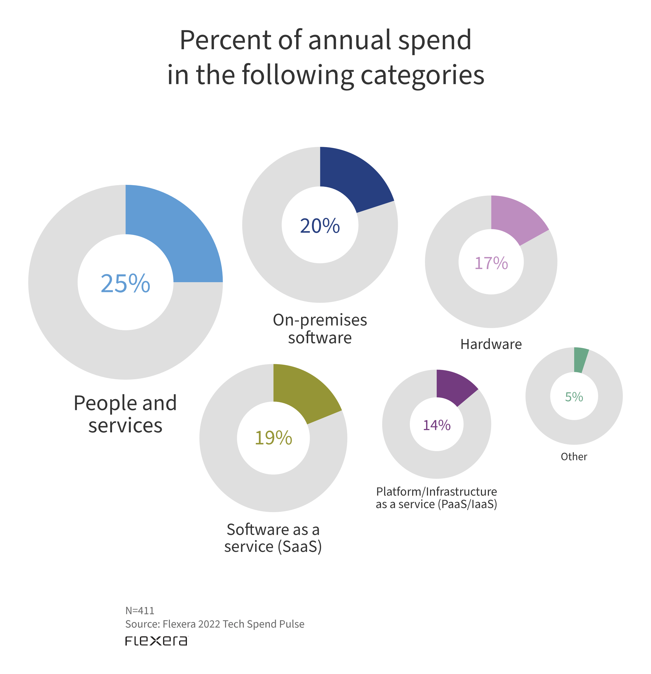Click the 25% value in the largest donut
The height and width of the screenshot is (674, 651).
pyautogui.click(x=125, y=283)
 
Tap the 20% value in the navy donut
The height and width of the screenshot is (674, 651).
pyautogui.click(x=320, y=226)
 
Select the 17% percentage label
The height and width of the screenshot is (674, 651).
pyautogui.click(x=491, y=263)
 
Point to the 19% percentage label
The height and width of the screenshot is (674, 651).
pyautogui.click(x=274, y=438)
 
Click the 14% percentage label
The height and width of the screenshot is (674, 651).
pyautogui.click(x=437, y=425)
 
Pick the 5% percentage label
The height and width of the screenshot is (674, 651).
pyautogui.click(x=574, y=397)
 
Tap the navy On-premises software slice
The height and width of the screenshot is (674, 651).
pyautogui.click(x=354, y=179)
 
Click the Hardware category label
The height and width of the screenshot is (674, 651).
pyautogui.click(x=491, y=344)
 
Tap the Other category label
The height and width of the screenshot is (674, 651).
pyautogui.click(x=574, y=457)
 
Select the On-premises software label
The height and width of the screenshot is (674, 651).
pyautogui.click(x=320, y=329)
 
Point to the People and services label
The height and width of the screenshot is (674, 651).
pyautogui.click(x=125, y=414)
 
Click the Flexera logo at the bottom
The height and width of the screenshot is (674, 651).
pyautogui.click(x=156, y=641)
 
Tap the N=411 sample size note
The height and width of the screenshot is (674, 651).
pyautogui.click(x=140, y=611)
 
